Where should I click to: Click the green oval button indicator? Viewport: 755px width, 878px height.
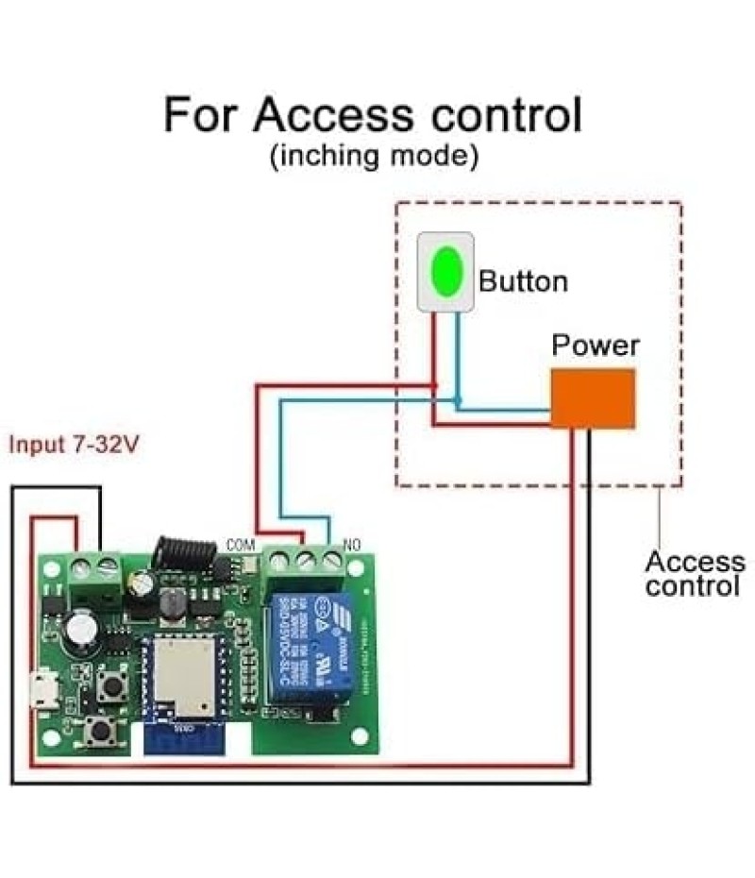[445, 271]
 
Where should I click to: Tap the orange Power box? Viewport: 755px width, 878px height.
[592, 398]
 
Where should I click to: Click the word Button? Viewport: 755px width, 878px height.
[523, 281]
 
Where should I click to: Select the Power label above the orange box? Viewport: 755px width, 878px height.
[595, 346]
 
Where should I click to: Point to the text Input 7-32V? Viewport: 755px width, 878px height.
[74, 445]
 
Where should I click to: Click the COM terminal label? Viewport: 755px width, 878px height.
[242, 546]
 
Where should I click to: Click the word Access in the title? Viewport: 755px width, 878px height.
[332, 115]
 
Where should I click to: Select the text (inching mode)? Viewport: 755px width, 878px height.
[373, 156]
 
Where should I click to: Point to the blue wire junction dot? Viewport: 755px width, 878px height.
[457, 402]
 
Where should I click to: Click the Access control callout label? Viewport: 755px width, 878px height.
[695, 574]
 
